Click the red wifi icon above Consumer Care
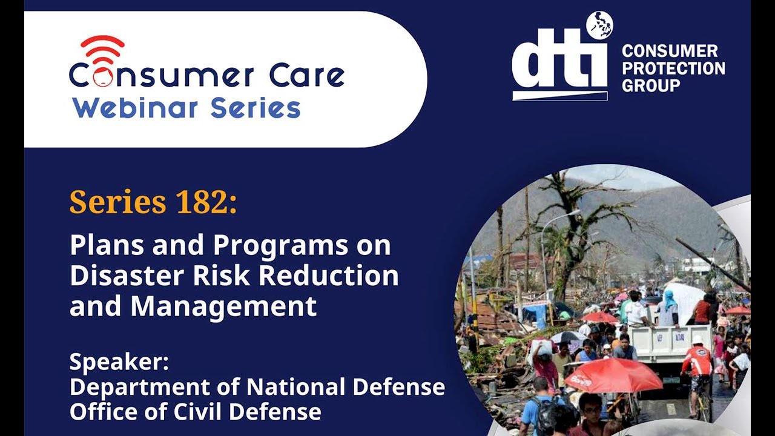pos(102,48)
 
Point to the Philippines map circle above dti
pos(599,25)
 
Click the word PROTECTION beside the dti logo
pos(673,68)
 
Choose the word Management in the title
pos(223,306)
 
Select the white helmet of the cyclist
pos(699,340)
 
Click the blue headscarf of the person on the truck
pos(669,298)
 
